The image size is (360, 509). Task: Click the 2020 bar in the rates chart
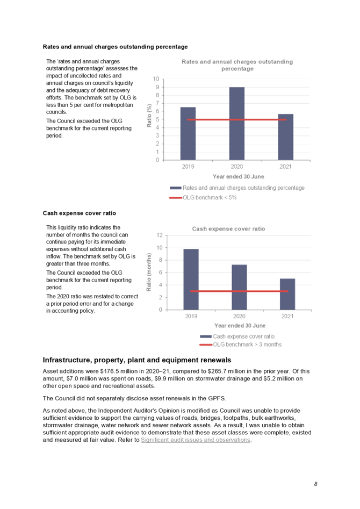coord(237,123)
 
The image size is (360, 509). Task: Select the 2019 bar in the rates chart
coord(188,133)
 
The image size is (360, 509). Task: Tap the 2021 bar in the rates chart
coord(285,137)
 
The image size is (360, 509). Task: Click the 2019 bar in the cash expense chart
coord(191,279)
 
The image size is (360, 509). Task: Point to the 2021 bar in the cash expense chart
coord(287,294)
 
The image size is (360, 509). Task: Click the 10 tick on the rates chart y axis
coord(156,79)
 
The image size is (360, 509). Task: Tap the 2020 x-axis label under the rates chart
coord(237,167)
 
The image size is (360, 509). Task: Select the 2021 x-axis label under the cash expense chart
coord(287,317)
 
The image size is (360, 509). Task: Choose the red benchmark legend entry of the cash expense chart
coord(247,345)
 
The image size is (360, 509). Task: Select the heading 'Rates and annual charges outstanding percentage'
coord(115,47)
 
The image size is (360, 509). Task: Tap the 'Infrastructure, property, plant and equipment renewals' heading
coord(137,360)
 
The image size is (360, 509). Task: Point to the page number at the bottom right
coord(316,484)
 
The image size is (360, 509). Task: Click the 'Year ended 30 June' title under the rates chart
coord(238,176)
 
